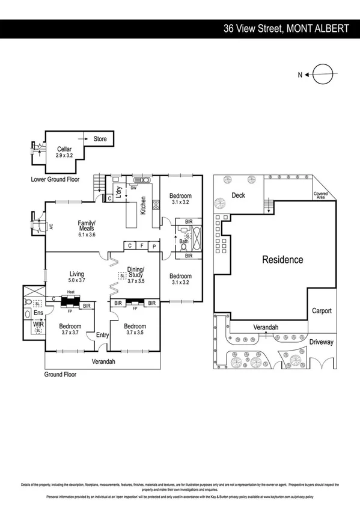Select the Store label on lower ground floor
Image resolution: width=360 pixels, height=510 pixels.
100,139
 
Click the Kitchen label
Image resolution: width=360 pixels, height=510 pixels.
143,206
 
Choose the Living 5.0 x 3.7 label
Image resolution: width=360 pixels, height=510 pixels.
76,276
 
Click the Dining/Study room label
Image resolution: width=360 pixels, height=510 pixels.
136,274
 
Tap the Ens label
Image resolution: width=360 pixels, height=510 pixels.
37,313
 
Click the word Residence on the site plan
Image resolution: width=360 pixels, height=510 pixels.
282,260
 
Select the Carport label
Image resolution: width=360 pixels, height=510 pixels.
321,311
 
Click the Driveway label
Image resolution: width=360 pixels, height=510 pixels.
321,342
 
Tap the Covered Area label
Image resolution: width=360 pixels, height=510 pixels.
320,195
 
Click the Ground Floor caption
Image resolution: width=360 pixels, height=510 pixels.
60,374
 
